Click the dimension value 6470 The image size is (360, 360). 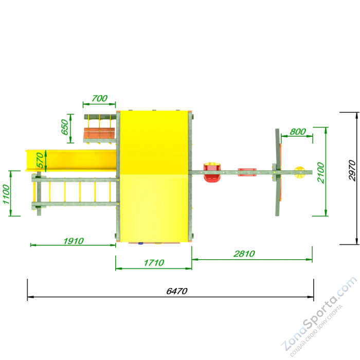177,291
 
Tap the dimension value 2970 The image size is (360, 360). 352,170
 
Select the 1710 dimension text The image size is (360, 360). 154,263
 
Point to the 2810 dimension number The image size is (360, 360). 244,254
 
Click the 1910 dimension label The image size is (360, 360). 74,240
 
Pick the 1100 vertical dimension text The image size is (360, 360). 7,194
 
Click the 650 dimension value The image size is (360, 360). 65,127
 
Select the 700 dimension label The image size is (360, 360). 99,98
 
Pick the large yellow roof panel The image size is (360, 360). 154,175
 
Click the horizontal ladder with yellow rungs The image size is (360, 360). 75,192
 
